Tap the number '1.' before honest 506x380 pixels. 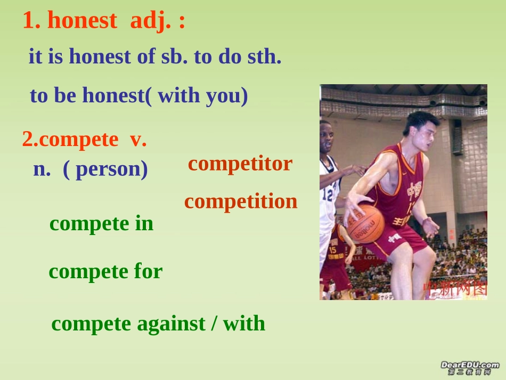(x=32, y=21)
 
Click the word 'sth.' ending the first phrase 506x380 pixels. (x=264, y=56)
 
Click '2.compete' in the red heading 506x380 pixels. (x=70, y=140)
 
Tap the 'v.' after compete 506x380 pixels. (x=138, y=140)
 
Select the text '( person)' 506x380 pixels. (x=105, y=169)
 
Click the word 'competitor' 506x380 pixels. (x=240, y=164)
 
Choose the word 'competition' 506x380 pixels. (x=241, y=201)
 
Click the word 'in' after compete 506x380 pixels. (x=144, y=223)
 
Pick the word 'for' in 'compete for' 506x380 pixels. (x=148, y=272)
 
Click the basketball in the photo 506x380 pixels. (x=365, y=224)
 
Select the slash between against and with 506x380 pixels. (x=214, y=324)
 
